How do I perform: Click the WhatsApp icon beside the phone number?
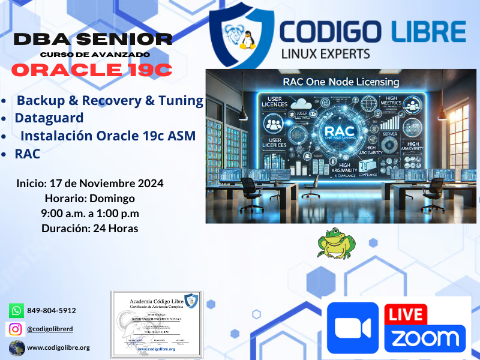coord(16,310)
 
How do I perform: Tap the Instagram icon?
coord(16,329)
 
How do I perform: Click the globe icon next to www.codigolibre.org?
coord(16,347)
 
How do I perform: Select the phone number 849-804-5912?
coord(52,311)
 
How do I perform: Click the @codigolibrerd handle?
coord(51,329)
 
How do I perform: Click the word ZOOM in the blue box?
coord(425,338)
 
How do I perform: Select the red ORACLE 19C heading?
coord(92,70)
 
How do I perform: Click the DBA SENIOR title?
coord(93,40)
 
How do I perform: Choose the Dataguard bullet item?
coord(49,118)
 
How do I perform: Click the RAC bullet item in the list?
coord(28,154)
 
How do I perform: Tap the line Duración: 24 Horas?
coord(90,229)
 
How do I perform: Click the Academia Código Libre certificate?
coord(155,324)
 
